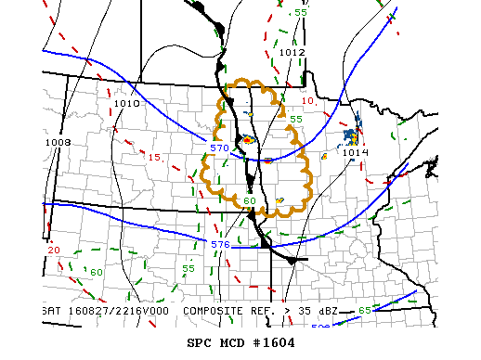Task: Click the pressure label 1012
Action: tap(292, 53)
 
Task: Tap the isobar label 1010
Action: tap(127, 104)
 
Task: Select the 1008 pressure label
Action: tap(57, 142)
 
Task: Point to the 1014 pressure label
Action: tap(355, 152)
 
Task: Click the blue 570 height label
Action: tap(219, 148)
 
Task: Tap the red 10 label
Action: tap(308, 100)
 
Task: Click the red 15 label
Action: tap(154, 158)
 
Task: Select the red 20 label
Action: tap(53, 251)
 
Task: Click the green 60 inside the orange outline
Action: tap(249, 200)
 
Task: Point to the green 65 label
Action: tap(365, 310)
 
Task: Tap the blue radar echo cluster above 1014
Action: tap(351, 135)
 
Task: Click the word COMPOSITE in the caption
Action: tap(215, 310)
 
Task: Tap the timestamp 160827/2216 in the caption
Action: tap(102, 310)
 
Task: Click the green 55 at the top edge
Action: tap(300, 13)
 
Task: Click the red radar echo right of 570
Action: tap(248, 140)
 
